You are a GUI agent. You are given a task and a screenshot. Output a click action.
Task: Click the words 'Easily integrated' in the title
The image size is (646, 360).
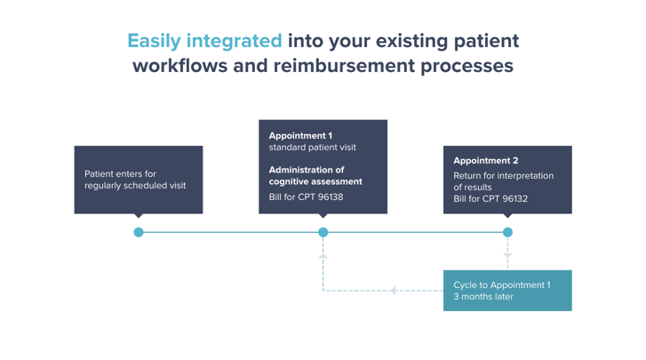pyautogui.click(x=204, y=41)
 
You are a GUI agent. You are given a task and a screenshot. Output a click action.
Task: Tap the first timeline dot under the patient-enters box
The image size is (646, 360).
pyautogui.click(x=139, y=232)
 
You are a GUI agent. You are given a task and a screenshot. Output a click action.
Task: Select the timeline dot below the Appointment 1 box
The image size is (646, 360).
pyautogui.click(x=323, y=232)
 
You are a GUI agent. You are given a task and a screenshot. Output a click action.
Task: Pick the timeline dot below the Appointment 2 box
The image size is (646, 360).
pyautogui.click(x=507, y=232)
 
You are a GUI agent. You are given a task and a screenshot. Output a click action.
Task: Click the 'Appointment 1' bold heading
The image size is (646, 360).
pyautogui.click(x=300, y=136)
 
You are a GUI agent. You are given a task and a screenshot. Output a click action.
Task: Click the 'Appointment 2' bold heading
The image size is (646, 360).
pyautogui.click(x=485, y=161)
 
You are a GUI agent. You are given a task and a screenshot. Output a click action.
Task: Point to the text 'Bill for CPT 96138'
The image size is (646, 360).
pyautogui.click(x=306, y=197)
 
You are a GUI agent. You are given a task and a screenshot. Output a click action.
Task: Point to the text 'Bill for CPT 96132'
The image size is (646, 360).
pyautogui.click(x=490, y=198)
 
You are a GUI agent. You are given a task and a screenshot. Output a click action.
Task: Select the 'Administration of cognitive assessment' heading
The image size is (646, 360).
pyautogui.click(x=315, y=175)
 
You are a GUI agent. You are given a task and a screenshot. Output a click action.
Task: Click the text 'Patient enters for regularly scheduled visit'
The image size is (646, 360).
pyautogui.click(x=135, y=180)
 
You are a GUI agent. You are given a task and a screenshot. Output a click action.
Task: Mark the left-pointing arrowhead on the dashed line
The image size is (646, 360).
pyautogui.click(x=393, y=291)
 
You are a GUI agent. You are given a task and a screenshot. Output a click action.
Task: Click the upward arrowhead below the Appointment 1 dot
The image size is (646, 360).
pyautogui.click(x=323, y=255)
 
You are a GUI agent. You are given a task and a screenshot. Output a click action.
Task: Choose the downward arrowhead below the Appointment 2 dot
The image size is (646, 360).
pyautogui.click(x=507, y=255)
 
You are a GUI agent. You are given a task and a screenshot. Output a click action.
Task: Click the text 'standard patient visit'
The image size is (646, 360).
pyautogui.click(x=312, y=148)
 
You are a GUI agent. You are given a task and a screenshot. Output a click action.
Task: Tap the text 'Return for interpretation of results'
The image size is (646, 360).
pyautogui.click(x=503, y=181)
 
